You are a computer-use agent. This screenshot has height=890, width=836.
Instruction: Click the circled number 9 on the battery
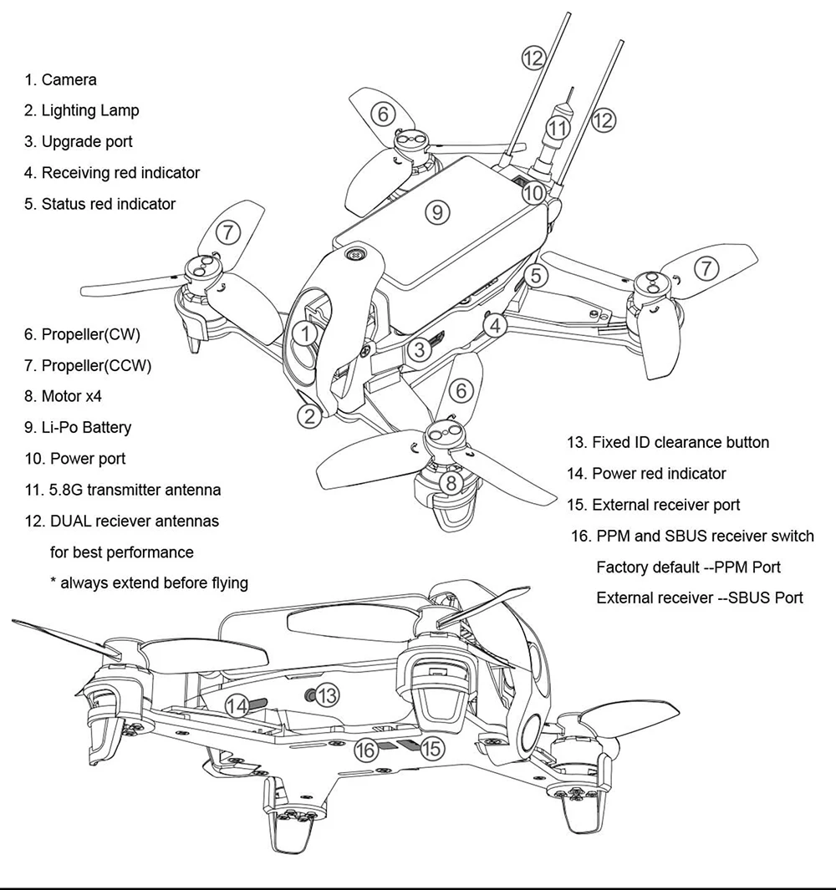click(437, 211)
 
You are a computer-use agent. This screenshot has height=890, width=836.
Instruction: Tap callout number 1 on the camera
click(308, 334)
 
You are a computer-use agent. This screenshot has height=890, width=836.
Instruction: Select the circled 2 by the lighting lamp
click(310, 415)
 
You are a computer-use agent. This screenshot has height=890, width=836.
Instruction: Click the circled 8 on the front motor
click(451, 482)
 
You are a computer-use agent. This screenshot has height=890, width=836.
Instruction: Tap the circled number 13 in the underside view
click(328, 694)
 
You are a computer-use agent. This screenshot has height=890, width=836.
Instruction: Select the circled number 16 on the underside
click(365, 750)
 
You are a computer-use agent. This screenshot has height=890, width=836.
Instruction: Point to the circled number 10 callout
click(534, 193)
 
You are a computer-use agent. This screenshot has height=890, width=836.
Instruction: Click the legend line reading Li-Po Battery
click(78, 427)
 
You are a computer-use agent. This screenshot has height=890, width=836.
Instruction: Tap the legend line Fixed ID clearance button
click(668, 442)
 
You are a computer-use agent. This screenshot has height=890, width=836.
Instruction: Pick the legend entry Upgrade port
click(78, 141)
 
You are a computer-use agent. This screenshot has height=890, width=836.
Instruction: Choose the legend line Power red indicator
click(646, 473)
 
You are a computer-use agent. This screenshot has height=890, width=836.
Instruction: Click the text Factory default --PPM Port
click(688, 567)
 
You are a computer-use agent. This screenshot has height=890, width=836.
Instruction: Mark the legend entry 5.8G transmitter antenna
click(123, 490)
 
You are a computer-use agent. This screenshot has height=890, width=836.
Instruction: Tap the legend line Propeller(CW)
click(82, 334)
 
